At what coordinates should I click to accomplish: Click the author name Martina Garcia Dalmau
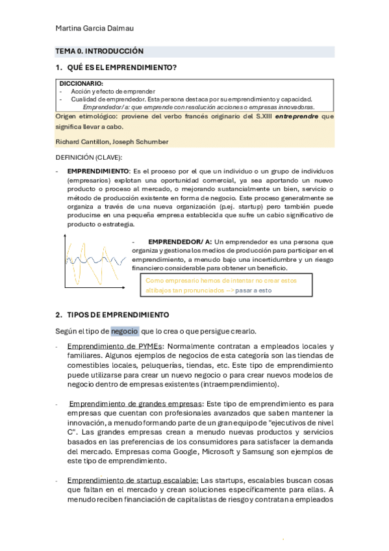click(95, 28)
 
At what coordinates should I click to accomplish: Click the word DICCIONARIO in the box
click(81, 84)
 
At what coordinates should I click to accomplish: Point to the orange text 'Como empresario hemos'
click(184, 281)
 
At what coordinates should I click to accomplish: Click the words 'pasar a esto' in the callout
click(253, 291)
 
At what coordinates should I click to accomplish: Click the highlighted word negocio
click(124, 330)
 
